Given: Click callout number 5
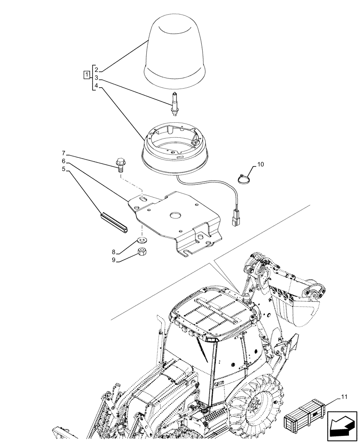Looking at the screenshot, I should (64, 169).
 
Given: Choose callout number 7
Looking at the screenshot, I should (64, 153).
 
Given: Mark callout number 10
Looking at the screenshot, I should (260, 164).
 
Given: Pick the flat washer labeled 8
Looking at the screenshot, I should (142, 241).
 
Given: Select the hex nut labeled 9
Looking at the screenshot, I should (143, 253).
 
